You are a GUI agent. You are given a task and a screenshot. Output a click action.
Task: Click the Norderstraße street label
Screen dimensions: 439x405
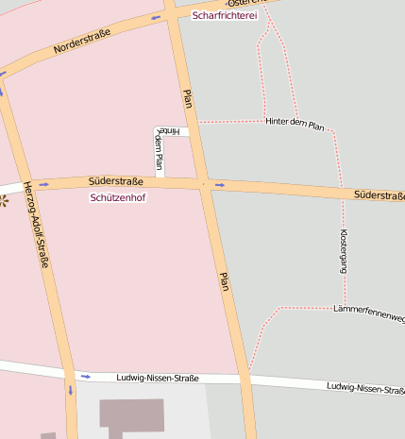[x=82, y=41]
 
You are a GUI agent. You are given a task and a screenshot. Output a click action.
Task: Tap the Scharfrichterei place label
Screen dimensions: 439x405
[x=224, y=16]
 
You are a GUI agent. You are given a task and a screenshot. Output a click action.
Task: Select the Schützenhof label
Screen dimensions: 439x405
[x=118, y=198]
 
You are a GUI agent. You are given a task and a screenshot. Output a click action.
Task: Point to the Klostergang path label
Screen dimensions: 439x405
[x=344, y=251]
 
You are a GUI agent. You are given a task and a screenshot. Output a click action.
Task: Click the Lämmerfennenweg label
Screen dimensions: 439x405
[x=369, y=312]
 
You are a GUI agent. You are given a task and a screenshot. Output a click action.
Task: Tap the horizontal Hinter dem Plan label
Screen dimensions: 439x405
[x=295, y=124]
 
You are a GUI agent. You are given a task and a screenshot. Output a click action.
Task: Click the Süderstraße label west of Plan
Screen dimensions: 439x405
[x=115, y=180]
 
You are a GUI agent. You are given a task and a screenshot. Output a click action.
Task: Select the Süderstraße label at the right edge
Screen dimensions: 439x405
[x=379, y=195]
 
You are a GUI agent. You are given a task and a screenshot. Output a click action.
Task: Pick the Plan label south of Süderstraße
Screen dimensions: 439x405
[x=225, y=280]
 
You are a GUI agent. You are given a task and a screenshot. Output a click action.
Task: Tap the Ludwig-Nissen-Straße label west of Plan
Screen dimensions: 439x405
[x=158, y=379]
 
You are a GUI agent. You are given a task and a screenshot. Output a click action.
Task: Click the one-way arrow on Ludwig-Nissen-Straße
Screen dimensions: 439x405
[x=86, y=377]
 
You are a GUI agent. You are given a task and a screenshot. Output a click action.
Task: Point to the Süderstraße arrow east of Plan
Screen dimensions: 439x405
[x=220, y=185]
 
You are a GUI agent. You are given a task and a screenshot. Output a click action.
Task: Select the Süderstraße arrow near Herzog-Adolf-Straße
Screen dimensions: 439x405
[x=43, y=185]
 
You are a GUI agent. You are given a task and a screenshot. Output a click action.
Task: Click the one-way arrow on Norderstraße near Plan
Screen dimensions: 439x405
[x=156, y=17]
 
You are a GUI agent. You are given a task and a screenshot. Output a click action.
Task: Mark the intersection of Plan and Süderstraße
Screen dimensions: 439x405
[x=203, y=183]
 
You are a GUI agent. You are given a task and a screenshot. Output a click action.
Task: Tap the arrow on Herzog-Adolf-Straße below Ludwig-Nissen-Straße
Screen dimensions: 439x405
[x=70, y=389]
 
